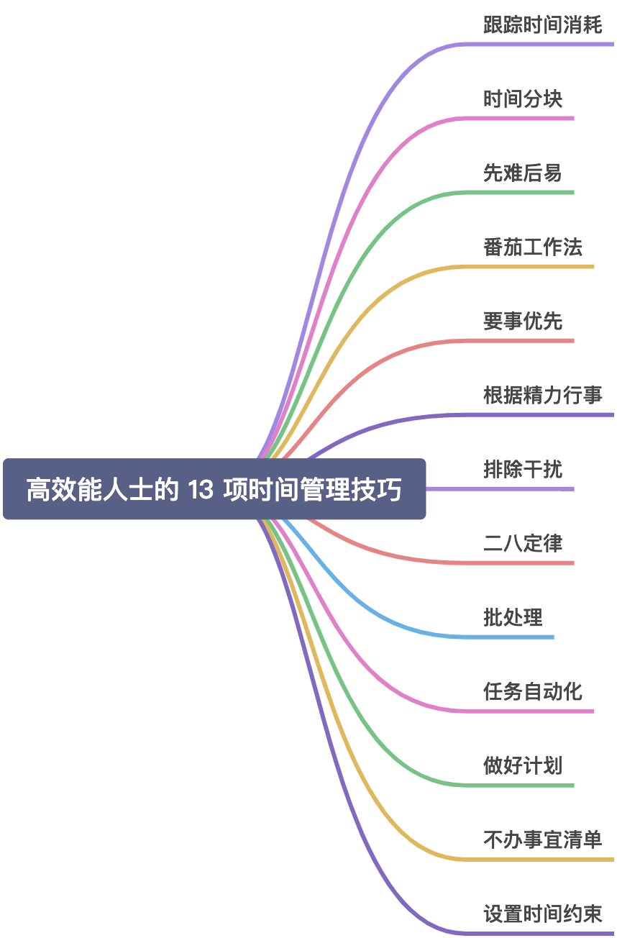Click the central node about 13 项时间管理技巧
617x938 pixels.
tap(214, 489)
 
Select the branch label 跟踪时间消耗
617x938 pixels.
tap(542, 25)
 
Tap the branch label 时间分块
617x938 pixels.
tap(522, 99)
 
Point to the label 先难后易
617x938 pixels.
tap(522, 173)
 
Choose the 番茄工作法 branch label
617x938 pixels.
tap(532, 247)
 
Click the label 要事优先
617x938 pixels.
tap(522, 322)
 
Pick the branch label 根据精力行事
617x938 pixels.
tap(542, 396)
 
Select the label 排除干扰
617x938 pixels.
tap(522, 470)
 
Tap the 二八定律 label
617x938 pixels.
tap(522, 544)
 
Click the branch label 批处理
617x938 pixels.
tap(513, 618)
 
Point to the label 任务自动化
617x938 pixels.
tap(532, 692)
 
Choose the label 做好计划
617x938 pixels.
tap(522, 766)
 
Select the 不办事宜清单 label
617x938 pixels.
tap(542, 840)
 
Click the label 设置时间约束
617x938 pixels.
tap(542, 914)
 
